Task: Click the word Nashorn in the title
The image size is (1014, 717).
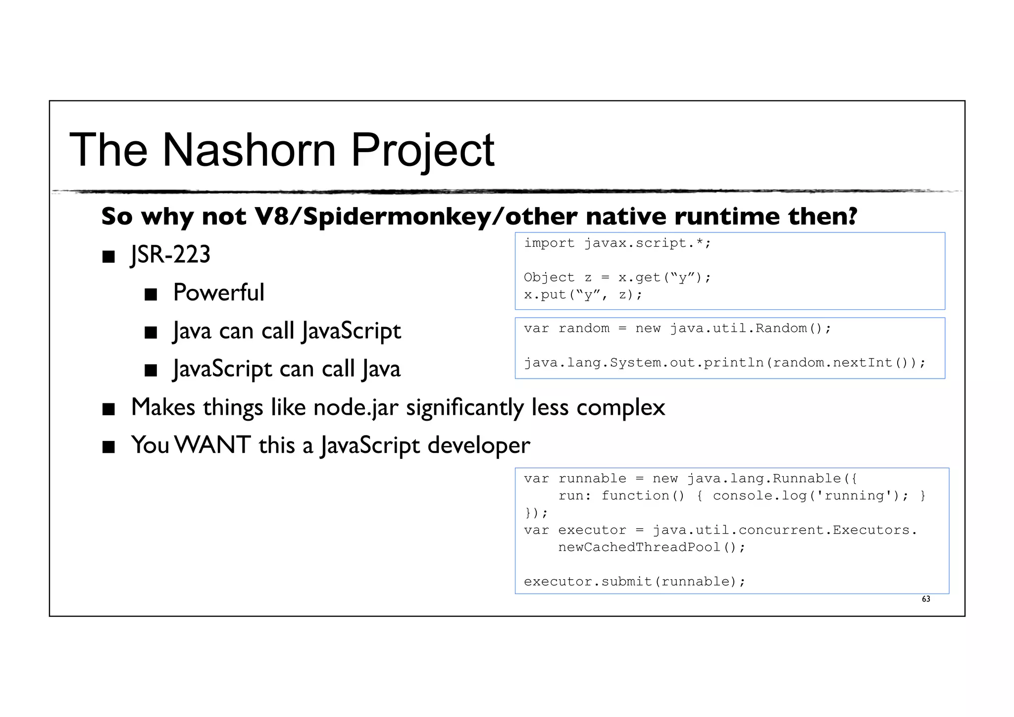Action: tap(249, 150)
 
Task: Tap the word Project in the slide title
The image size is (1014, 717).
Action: tap(422, 151)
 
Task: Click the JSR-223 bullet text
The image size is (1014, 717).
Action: tap(170, 254)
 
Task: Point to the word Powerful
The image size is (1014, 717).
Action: tap(218, 292)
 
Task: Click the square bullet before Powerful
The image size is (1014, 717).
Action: tap(151, 294)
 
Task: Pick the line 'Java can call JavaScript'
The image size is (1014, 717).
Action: tap(287, 331)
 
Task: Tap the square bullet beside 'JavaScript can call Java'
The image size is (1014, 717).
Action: tap(151, 371)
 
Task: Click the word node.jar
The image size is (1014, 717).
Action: tap(355, 407)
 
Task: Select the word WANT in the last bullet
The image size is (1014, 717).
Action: tap(213, 444)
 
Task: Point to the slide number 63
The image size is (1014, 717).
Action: tap(925, 599)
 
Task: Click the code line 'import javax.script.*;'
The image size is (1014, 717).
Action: tap(617, 243)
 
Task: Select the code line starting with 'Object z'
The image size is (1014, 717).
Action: tap(617, 277)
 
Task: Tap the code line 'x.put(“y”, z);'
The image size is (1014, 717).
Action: tap(583, 295)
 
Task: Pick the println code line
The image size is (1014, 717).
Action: tap(724, 363)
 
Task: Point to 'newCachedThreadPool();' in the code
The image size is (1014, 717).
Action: tap(651, 547)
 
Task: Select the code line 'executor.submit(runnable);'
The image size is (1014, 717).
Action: tap(634, 581)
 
